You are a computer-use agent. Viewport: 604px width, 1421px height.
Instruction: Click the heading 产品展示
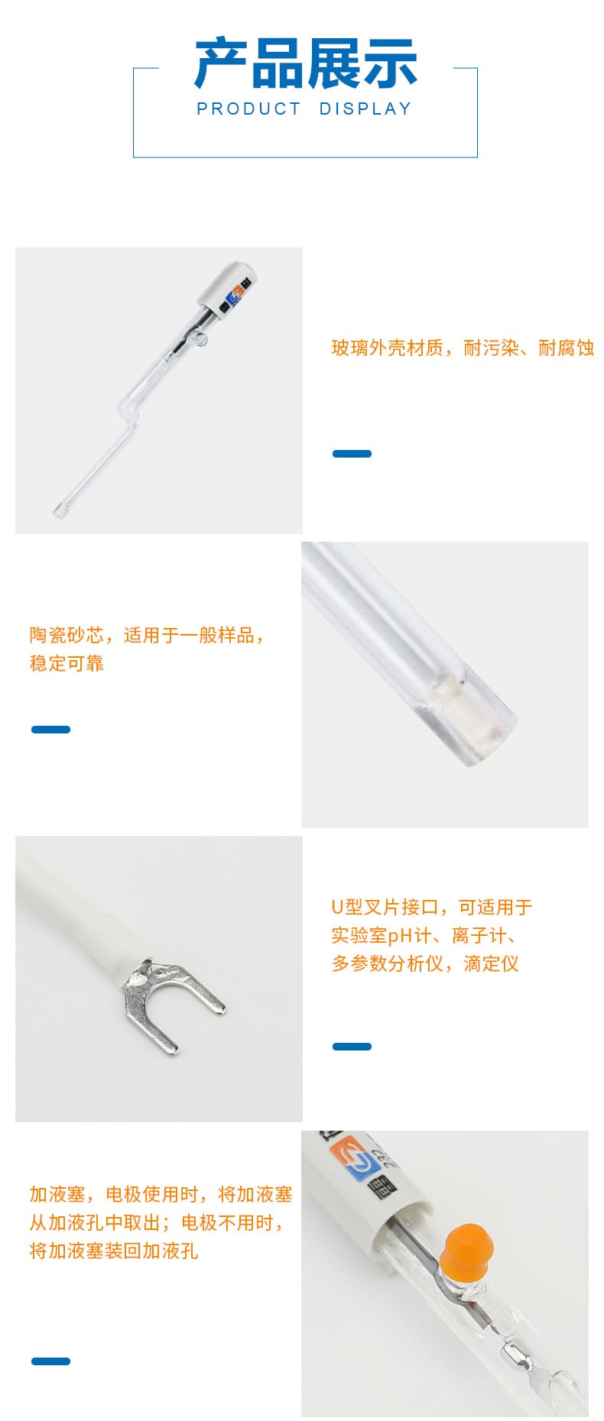(306, 63)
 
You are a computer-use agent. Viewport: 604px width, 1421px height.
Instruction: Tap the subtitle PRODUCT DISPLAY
(304, 109)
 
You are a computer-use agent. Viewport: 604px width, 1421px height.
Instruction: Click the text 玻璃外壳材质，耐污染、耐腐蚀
(463, 348)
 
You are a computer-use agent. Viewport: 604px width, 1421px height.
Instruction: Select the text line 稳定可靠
(67, 663)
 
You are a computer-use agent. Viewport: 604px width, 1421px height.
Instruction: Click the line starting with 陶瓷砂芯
(148, 635)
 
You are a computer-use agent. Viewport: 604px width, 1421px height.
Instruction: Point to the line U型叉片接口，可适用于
(431, 907)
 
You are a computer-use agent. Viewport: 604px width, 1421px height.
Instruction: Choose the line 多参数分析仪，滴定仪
(425, 963)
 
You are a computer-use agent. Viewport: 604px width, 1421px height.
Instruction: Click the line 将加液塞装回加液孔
(114, 1251)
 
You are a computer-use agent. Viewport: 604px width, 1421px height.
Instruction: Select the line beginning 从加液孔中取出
(157, 1222)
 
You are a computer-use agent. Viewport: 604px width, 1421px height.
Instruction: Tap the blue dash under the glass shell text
(352, 454)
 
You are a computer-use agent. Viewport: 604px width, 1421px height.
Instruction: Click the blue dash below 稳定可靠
(50, 730)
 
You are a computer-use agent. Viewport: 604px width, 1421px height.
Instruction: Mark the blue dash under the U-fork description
(352, 1047)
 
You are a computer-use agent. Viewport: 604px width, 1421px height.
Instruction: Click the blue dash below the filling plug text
(50, 1361)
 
